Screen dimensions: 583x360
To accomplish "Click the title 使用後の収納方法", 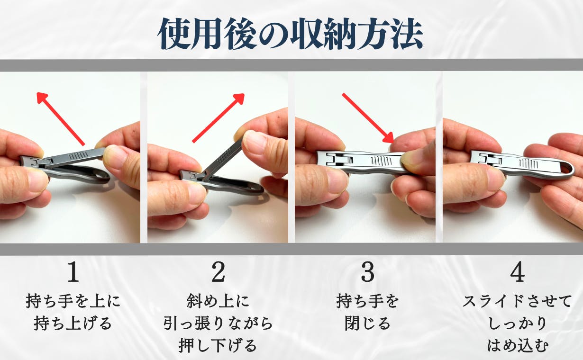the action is pyautogui.click(x=290, y=34).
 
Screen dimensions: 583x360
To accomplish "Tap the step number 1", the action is pyautogui.click(x=73, y=272).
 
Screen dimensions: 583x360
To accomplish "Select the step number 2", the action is pyautogui.click(x=218, y=272).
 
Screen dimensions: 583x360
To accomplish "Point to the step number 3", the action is pyautogui.click(x=368, y=272).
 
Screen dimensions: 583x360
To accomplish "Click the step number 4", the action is pyautogui.click(x=517, y=272).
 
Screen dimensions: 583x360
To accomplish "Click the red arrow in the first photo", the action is pyautogui.click(x=61, y=119).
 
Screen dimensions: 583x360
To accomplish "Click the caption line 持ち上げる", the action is pyautogui.click(x=73, y=324).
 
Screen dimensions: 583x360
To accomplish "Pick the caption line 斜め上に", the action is pyautogui.click(x=218, y=301).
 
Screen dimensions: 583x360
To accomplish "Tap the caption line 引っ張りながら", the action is pyautogui.click(x=218, y=324).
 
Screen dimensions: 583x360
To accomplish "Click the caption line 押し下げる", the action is pyautogui.click(x=218, y=346).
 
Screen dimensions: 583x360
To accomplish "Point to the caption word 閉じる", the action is pyautogui.click(x=368, y=324).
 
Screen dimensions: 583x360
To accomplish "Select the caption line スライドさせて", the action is pyautogui.click(x=517, y=301).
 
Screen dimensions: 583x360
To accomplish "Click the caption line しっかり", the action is pyautogui.click(x=517, y=324).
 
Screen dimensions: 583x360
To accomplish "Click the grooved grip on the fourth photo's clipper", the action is pyautogui.click(x=528, y=163).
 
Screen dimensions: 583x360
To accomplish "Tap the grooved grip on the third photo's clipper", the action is pyautogui.click(x=381, y=161).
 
